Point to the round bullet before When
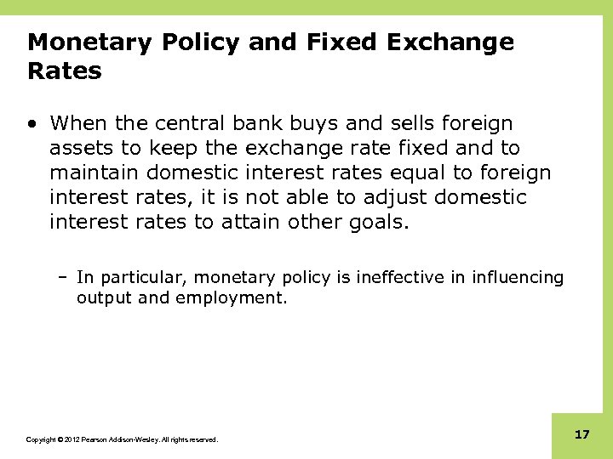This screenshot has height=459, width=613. (32, 124)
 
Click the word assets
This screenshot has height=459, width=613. (78, 149)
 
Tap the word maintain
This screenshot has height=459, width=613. (94, 173)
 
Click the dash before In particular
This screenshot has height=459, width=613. (65, 277)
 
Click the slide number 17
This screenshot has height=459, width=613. (582, 434)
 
